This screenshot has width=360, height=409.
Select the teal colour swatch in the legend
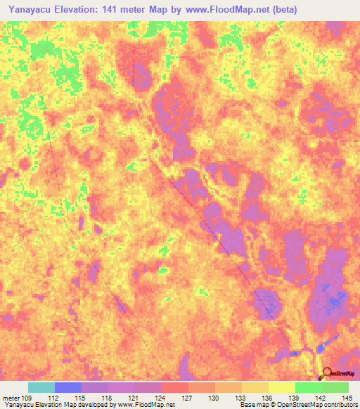point(41,387)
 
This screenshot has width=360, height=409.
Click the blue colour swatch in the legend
point(68,387)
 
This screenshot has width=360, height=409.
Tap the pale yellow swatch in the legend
point(282,387)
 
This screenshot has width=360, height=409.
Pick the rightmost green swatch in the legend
point(335,387)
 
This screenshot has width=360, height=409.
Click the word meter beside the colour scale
point(11,398)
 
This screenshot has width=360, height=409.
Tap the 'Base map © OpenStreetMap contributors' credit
point(298,405)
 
